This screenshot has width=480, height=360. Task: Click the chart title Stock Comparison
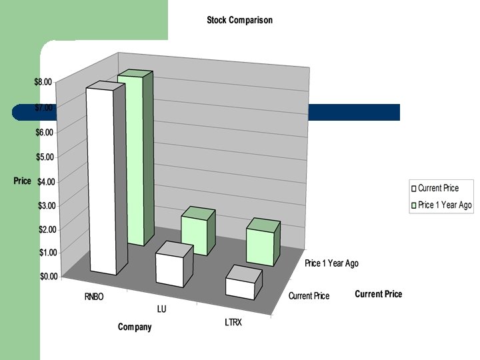tap(239, 20)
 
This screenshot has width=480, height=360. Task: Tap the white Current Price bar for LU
tap(169, 269)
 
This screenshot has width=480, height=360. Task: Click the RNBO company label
tap(95, 297)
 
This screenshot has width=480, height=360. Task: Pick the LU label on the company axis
tap(161, 309)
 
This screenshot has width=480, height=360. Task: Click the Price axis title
tap(23, 181)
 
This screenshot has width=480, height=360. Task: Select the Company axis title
tap(135, 327)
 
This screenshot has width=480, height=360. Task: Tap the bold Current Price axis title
tap(378, 294)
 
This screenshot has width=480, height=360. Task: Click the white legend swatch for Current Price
tap(414, 189)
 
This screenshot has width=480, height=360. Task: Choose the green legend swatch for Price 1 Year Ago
tap(414, 205)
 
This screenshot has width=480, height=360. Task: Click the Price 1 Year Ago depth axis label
tap(331, 263)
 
